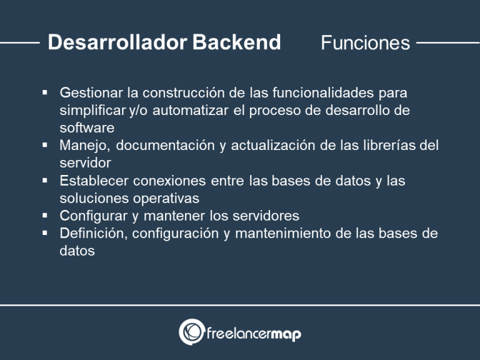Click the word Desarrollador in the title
point(117,42)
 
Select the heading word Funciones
point(365,42)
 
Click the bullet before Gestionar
point(46,92)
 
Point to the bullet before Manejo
point(46,145)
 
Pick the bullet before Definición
point(46,233)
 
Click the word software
point(87,128)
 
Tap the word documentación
point(161,146)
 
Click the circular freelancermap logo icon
point(191,332)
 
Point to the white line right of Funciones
point(447,43)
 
